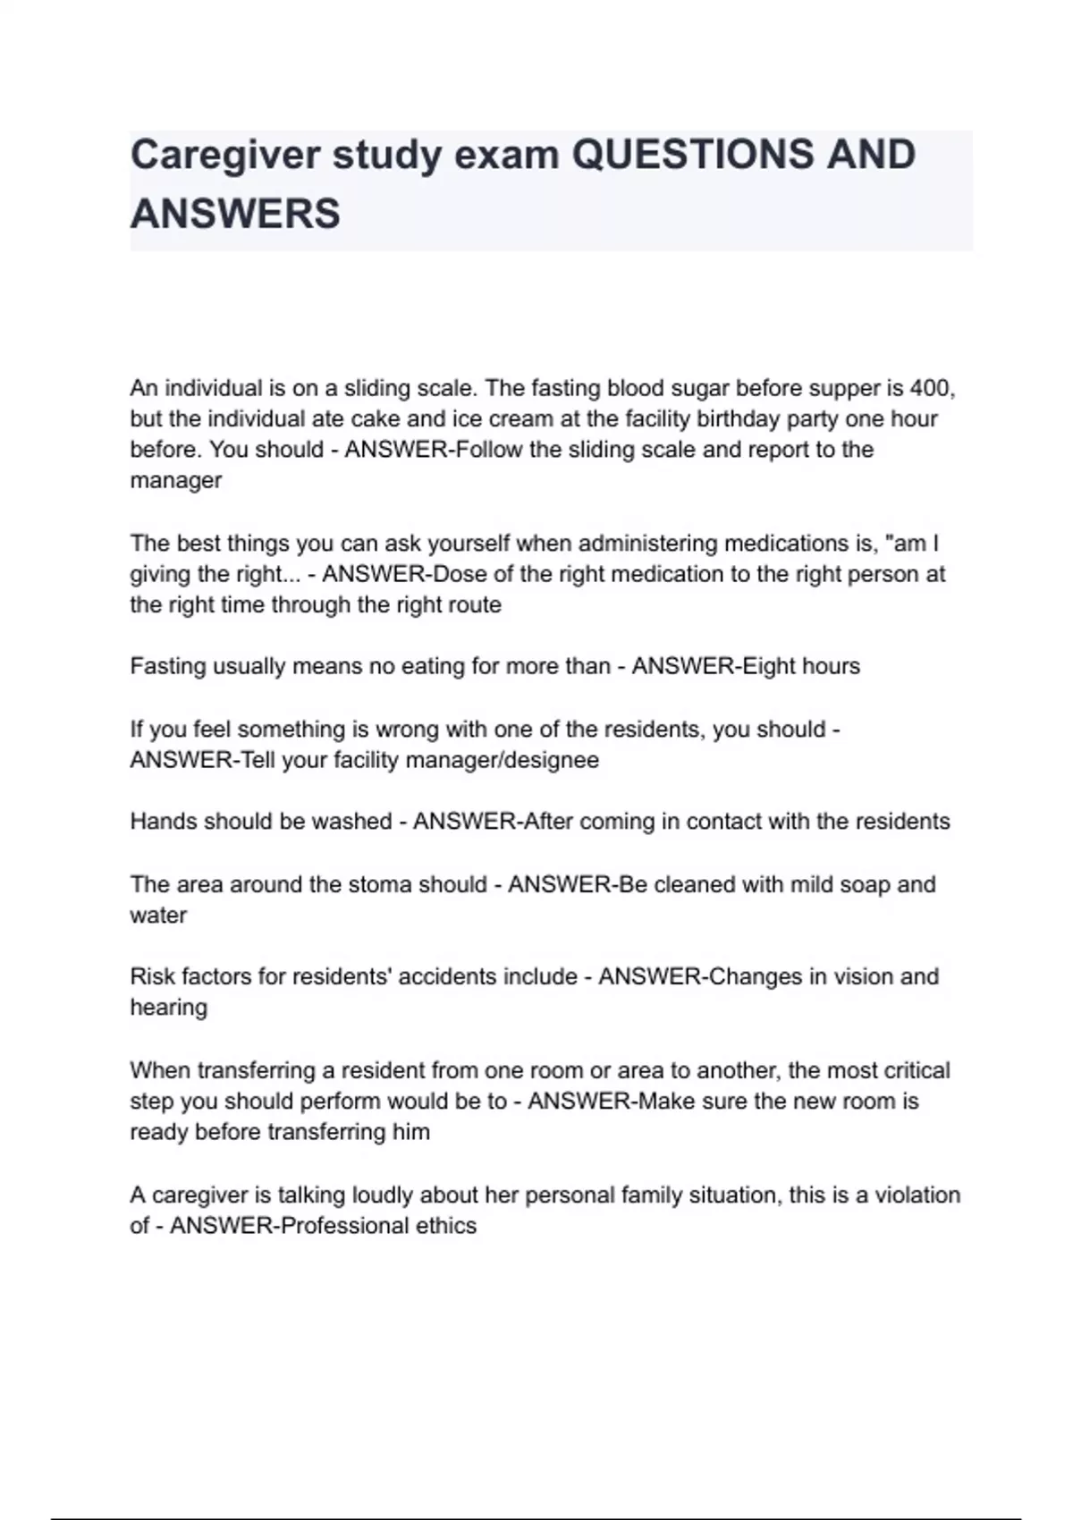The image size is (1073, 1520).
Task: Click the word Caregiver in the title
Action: [224, 156]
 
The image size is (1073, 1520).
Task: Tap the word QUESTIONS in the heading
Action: [691, 155]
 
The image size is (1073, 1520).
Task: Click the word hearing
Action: [169, 1008]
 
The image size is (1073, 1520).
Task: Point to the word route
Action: [474, 605]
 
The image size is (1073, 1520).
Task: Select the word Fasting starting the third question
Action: [167, 666]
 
